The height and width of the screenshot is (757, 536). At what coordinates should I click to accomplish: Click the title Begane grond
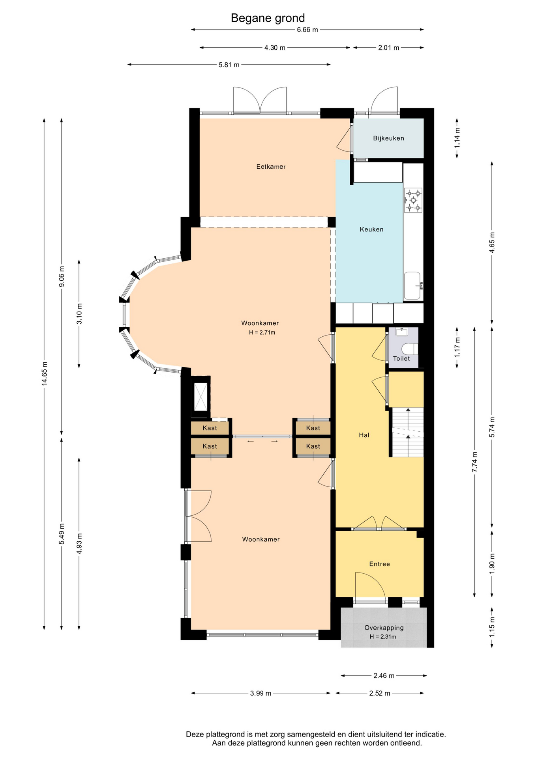click(268, 18)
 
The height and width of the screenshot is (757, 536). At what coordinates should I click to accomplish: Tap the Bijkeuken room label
click(388, 138)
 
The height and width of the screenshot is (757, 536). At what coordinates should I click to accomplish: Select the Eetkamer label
click(271, 167)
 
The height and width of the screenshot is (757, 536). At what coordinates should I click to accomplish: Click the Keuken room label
click(371, 229)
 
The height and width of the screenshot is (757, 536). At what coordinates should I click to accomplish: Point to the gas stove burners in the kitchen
click(413, 200)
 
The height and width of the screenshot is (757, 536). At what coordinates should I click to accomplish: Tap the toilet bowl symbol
click(409, 349)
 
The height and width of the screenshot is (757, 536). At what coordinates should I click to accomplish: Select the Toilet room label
click(401, 359)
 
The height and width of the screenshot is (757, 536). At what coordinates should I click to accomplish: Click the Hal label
click(364, 435)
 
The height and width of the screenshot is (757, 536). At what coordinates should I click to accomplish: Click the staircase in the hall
click(407, 433)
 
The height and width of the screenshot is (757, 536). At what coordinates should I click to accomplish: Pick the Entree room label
click(379, 564)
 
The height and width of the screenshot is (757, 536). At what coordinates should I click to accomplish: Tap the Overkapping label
click(384, 628)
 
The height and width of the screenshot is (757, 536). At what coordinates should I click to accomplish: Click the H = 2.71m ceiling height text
click(262, 332)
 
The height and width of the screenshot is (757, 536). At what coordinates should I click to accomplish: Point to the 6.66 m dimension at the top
click(307, 30)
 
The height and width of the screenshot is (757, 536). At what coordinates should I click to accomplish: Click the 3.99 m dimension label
click(261, 693)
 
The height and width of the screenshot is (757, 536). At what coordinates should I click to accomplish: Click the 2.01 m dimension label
click(388, 48)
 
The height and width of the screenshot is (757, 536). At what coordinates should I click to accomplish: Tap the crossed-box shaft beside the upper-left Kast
click(201, 397)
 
